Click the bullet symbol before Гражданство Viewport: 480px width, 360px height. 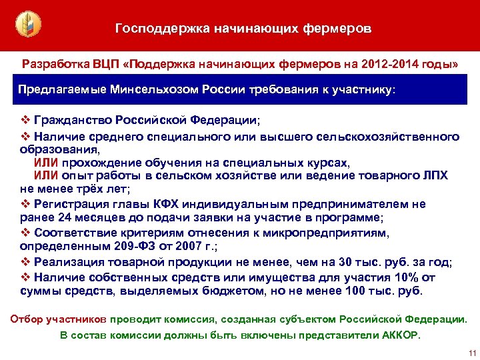[26, 120]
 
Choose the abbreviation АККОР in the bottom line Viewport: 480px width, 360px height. [399, 335]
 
